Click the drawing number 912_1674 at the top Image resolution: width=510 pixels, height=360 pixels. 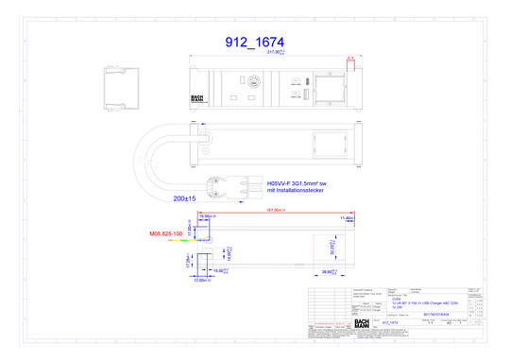[x=254, y=43]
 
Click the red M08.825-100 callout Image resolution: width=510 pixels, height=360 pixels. [x=167, y=231]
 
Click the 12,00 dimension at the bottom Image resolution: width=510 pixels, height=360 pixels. [x=201, y=280]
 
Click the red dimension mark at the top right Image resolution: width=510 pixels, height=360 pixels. [x=349, y=59]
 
